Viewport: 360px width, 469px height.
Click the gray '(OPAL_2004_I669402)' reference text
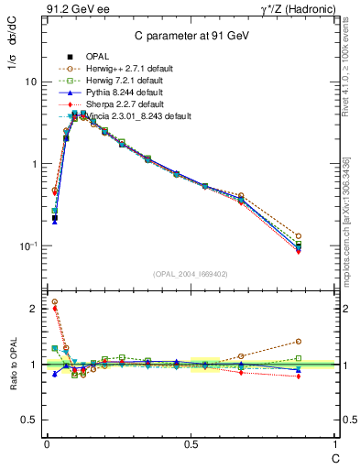click(191, 272)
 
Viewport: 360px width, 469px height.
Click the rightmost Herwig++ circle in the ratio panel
click(324, 342)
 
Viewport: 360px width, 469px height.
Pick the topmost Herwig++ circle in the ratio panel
click(54, 301)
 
